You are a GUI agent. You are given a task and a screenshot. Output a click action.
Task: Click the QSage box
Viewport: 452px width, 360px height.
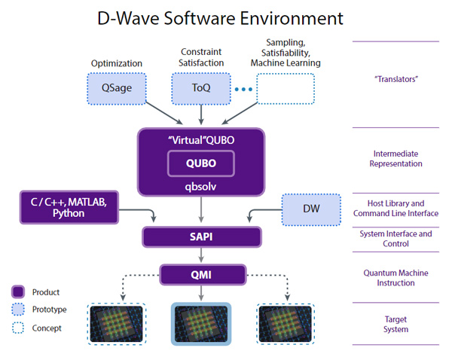[x=116, y=88]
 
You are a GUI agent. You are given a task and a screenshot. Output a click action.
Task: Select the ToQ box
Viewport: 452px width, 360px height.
[x=201, y=88]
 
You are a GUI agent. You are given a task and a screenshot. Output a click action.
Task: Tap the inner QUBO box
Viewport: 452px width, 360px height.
[x=200, y=163]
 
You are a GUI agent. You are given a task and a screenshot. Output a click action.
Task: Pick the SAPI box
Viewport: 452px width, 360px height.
[x=200, y=237]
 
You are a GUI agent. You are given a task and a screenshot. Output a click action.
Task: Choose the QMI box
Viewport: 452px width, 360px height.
[x=200, y=274]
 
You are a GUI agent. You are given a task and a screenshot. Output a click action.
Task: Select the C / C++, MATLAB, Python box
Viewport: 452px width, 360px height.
[x=69, y=207]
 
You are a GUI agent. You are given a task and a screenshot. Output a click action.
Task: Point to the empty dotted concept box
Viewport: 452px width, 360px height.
[x=286, y=88]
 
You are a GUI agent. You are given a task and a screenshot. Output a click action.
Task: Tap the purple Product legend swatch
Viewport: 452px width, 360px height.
[x=19, y=291]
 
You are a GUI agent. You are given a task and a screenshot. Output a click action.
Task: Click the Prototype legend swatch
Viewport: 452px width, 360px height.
[x=19, y=310]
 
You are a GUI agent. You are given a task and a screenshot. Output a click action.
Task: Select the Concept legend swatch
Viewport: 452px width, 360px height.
[x=19, y=328]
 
